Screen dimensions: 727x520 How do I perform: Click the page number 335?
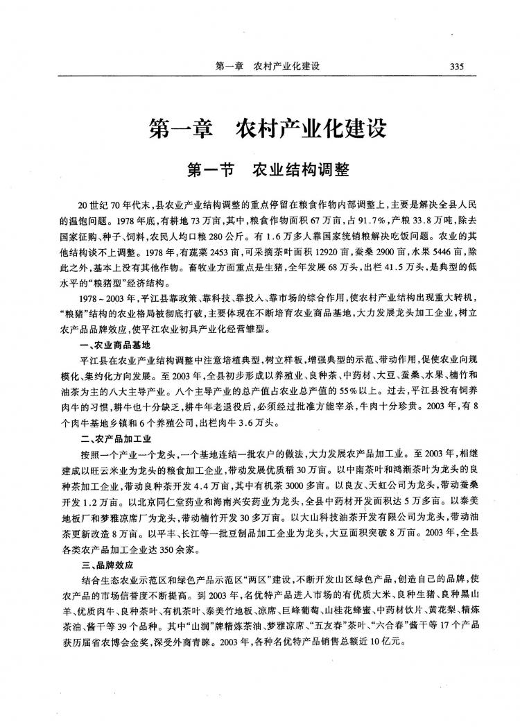(x=456, y=67)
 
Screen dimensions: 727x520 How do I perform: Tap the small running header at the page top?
(x=267, y=67)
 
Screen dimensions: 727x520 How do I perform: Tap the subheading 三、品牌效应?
(x=105, y=565)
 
